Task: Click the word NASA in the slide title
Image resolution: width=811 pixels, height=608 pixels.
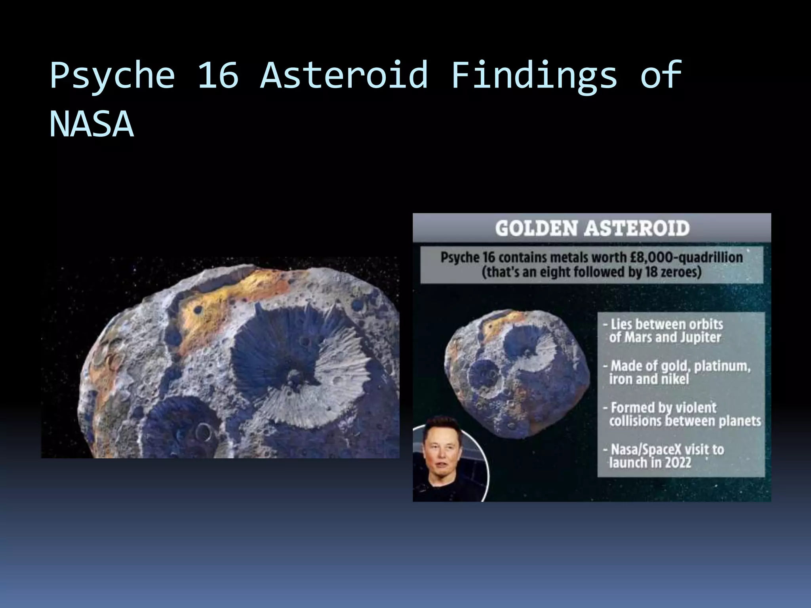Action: (91, 124)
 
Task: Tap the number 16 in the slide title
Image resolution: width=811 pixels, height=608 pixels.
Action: (218, 74)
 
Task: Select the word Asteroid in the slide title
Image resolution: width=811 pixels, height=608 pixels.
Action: (344, 74)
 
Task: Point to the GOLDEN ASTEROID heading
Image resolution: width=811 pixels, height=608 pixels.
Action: (592, 228)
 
